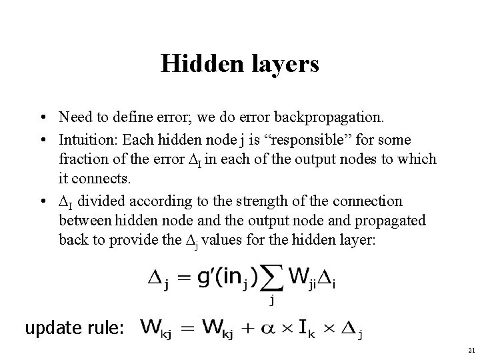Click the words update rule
[x=74, y=328]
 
